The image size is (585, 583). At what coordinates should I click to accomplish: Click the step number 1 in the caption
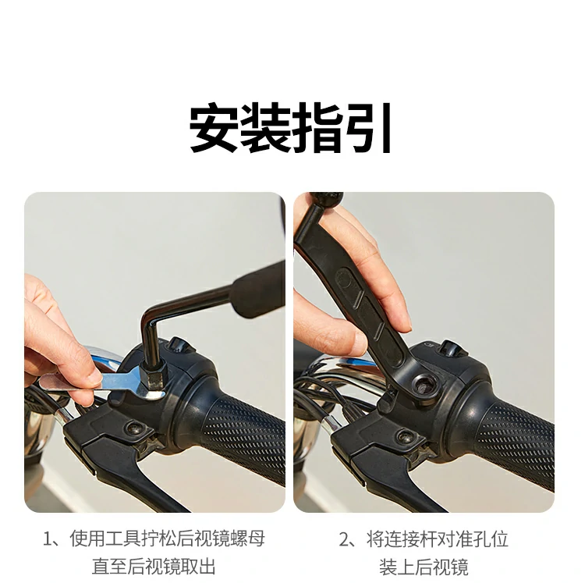pos(48,539)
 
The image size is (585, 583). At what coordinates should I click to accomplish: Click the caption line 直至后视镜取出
pos(154,566)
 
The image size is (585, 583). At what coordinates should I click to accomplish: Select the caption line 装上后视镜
pos(424,566)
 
